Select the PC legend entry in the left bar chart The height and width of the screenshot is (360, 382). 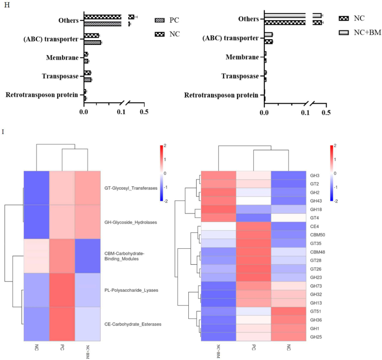pos(174,21)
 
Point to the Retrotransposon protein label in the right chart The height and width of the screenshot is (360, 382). pos(223,94)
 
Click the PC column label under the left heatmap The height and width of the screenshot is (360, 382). pos(62,347)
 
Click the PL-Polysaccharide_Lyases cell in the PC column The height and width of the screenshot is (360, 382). pos(62,290)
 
